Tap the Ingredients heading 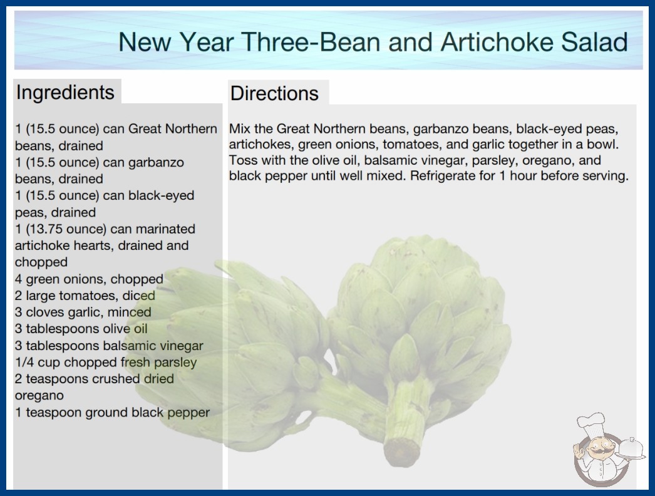coord(65,92)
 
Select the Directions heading coord(274,93)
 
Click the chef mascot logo coord(606,449)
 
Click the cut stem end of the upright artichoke coord(401,452)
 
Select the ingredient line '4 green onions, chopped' coord(89,279)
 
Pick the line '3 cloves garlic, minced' coord(83,312)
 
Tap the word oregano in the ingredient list coord(39,395)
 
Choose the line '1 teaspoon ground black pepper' coord(112,413)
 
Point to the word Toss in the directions coord(243,160)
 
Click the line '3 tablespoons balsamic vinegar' coord(109,346)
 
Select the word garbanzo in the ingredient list coord(156,162)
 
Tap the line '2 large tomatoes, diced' coord(85,296)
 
